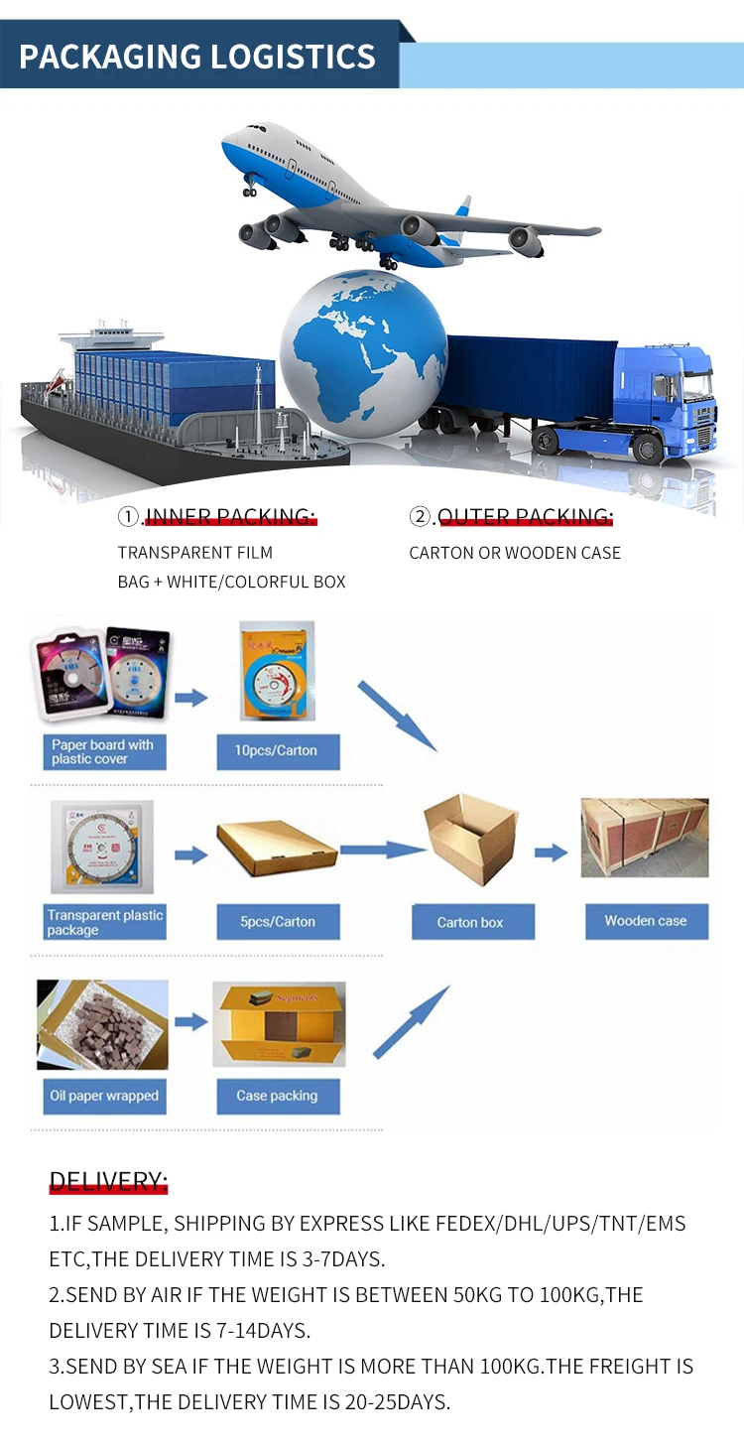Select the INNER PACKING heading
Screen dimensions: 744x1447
coord(230,516)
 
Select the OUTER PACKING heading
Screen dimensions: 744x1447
coord(525,516)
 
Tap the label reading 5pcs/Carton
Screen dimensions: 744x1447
coord(278,921)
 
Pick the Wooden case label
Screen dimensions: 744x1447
coord(645,920)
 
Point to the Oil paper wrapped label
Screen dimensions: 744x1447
coord(104,1096)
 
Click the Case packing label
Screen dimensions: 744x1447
coord(277,1096)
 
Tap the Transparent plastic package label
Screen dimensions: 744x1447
coord(104,922)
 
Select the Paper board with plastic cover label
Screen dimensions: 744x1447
coord(103,751)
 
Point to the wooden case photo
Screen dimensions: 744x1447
coord(645,839)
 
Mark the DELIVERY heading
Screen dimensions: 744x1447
coord(108,1181)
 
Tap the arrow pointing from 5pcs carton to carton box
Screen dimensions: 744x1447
coord(382,850)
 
